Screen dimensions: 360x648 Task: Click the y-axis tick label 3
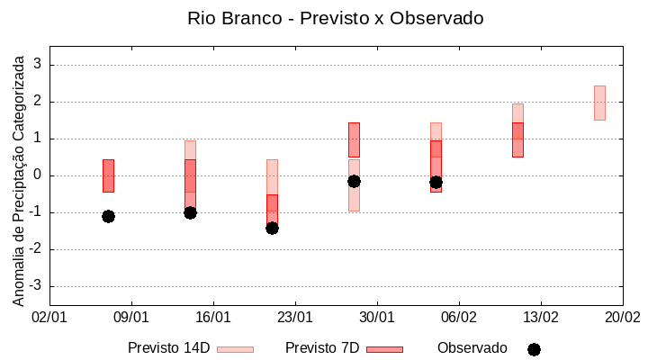38,65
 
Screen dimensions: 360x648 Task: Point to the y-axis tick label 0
38,175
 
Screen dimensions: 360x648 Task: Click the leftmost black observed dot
108,216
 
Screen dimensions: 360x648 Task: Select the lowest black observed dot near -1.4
272,228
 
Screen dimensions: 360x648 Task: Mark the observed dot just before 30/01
354,181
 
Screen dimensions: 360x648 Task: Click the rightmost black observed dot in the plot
436,182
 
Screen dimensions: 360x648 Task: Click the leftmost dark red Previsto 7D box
108,175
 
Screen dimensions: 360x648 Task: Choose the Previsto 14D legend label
168,348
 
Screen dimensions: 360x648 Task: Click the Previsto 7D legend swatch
384,349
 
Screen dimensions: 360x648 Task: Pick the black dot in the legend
534,349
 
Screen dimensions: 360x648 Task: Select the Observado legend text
472,348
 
